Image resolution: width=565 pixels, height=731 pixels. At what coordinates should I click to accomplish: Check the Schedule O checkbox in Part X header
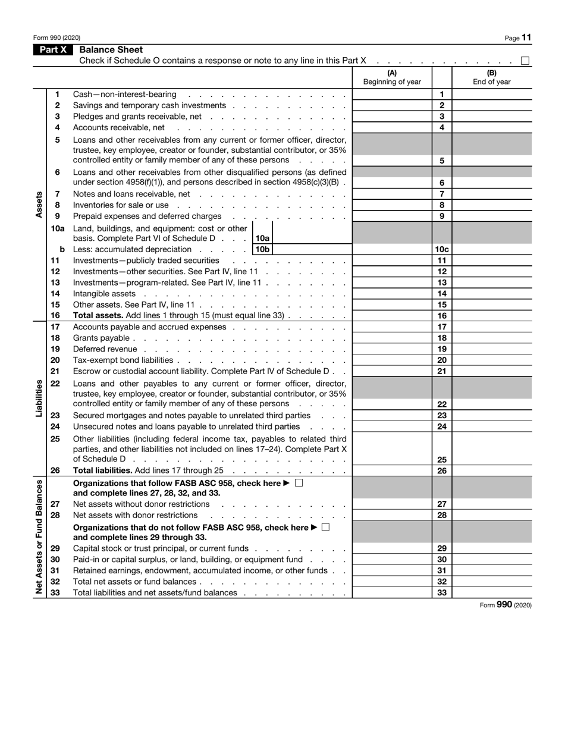pos(525,61)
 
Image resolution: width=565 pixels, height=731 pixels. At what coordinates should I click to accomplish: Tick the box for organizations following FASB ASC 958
pos(299,484)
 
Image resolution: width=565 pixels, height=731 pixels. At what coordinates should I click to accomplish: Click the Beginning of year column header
pos(392,78)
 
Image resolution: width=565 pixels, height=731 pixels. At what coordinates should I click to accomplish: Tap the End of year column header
pos(492,78)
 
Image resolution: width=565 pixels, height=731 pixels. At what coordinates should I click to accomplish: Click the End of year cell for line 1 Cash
pos(492,95)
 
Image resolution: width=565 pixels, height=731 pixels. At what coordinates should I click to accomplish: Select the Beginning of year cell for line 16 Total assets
pos(392,316)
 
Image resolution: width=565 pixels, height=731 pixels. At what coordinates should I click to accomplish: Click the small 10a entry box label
pos(262,239)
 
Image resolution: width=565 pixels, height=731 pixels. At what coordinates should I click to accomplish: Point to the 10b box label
pos(262,250)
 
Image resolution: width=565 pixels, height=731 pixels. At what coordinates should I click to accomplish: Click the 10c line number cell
pos(442,250)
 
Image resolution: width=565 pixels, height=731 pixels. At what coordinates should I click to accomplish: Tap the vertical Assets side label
pos(39,205)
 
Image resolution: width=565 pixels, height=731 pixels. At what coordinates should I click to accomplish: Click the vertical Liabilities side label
pos(39,398)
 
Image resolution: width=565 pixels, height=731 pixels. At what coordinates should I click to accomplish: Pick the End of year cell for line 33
pos(492,593)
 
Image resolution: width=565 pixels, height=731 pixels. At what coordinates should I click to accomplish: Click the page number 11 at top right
pos(526,37)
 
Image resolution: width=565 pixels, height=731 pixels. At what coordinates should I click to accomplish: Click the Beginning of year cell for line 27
pos(392,504)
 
